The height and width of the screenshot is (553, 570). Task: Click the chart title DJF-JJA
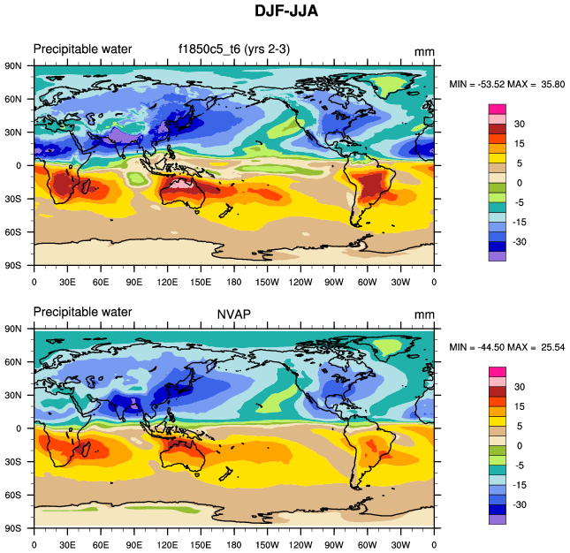tap(285, 12)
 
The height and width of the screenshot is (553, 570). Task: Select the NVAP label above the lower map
tap(233, 313)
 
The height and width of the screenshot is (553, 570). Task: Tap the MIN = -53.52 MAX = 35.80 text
tap(506, 84)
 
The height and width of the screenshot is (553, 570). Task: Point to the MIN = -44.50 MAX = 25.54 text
tap(506, 347)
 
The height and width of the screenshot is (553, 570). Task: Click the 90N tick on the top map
tap(19, 65)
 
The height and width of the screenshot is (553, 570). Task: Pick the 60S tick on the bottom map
tap(19, 495)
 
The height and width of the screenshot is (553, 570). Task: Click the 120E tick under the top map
tap(167, 283)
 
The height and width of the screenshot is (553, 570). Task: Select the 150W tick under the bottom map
tap(268, 545)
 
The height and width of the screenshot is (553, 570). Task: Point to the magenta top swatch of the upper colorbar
tap(498, 108)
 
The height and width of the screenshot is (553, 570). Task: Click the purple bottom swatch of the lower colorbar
tap(498, 519)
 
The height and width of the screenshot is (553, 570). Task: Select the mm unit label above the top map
tap(424, 53)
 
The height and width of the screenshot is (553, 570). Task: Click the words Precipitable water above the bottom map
tap(82, 312)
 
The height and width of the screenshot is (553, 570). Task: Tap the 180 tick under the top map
tap(234, 283)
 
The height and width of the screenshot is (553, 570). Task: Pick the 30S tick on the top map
tap(19, 199)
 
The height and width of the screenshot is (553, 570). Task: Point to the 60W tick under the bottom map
tap(368, 545)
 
